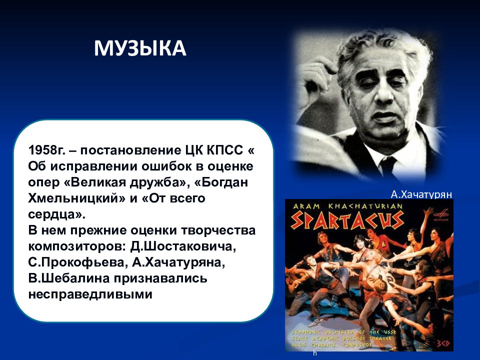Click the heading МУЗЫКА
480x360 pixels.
(140, 49)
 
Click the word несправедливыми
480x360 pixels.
(90, 294)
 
